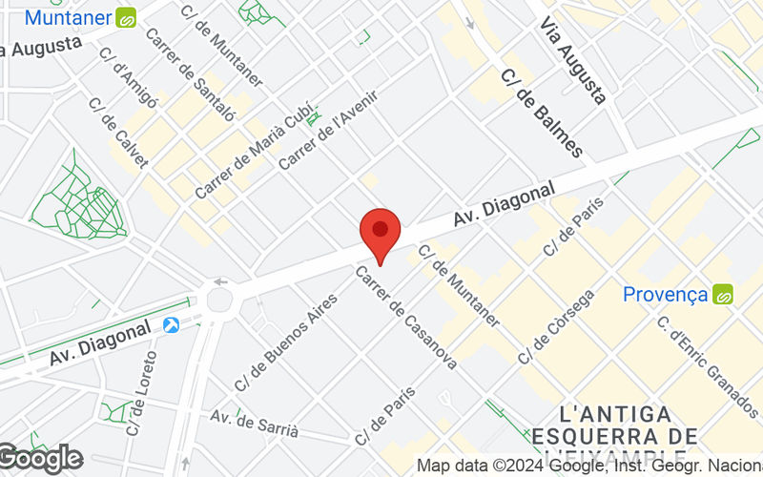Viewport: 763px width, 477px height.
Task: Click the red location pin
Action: click(x=380, y=232)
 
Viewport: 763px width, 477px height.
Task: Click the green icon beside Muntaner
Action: click(x=126, y=17)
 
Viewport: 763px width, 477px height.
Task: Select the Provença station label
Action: click(x=665, y=294)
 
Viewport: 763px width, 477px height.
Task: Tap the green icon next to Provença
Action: click(x=722, y=295)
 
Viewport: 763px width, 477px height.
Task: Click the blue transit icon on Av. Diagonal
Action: click(x=172, y=326)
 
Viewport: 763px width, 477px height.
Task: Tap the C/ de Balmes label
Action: click(x=541, y=114)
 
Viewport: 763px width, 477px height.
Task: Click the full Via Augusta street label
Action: click(x=573, y=59)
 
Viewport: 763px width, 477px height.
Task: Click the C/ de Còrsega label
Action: click(x=556, y=326)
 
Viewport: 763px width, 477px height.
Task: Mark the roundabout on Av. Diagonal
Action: click(x=220, y=300)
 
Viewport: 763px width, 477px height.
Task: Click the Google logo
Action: click(x=40, y=459)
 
